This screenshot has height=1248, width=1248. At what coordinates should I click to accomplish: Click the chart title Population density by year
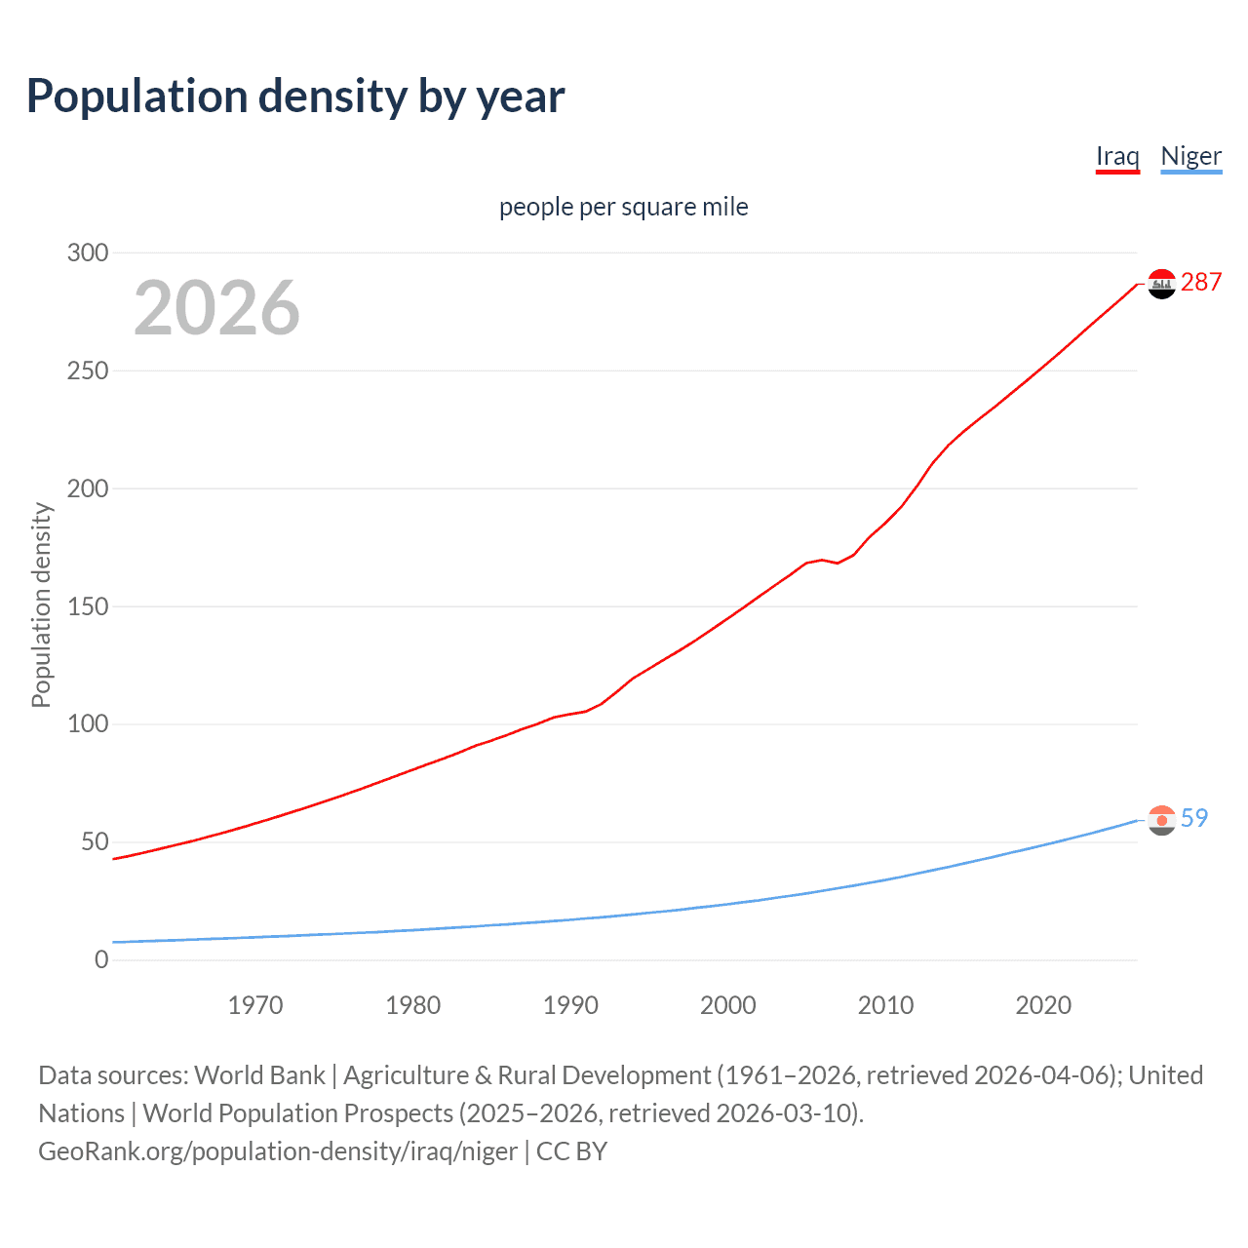[x=295, y=97]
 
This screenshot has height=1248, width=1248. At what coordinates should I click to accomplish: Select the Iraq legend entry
[x=1117, y=156]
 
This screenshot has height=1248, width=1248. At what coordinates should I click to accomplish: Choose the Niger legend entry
[x=1190, y=156]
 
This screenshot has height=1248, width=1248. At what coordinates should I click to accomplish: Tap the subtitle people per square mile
[x=623, y=207]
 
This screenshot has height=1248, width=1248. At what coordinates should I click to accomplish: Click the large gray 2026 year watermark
[x=216, y=308]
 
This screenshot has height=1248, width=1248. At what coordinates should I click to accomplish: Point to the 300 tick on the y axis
[x=88, y=253]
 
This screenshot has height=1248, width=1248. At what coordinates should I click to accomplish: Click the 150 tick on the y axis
[x=88, y=606]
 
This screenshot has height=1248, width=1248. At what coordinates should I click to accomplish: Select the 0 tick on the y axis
[x=101, y=959]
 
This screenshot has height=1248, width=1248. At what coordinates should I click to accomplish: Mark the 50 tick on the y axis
[x=95, y=841]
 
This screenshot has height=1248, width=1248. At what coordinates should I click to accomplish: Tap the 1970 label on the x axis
[x=255, y=1005]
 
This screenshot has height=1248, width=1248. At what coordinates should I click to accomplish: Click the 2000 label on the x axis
[x=728, y=1005]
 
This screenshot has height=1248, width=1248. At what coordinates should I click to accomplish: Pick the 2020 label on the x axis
[x=1043, y=1005]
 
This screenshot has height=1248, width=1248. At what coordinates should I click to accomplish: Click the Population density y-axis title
[x=41, y=604]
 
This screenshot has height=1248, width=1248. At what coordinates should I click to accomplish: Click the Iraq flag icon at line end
[x=1161, y=284]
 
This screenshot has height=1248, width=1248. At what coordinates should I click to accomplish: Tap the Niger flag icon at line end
[x=1161, y=821]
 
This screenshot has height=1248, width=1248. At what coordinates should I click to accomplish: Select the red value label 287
[x=1201, y=283]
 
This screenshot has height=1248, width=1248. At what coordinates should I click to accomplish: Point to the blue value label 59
[x=1194, y=819]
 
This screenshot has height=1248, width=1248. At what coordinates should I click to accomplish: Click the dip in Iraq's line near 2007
[x=837, y=563]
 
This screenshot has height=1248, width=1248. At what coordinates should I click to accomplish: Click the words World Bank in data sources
[x=259, y=1075]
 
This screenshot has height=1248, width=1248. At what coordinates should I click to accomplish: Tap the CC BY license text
[x=572, y=1151]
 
